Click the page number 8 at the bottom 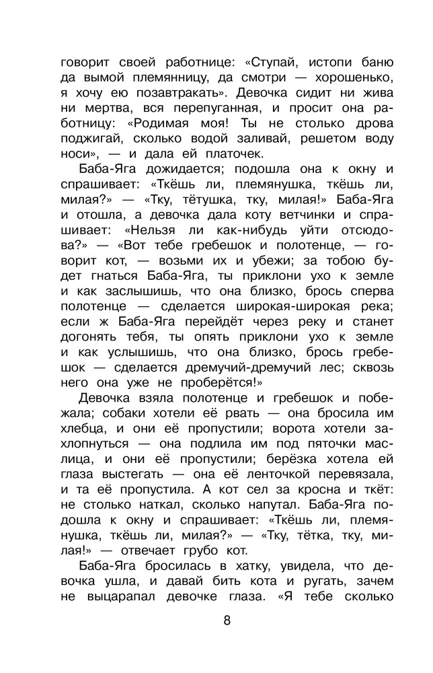227,620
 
